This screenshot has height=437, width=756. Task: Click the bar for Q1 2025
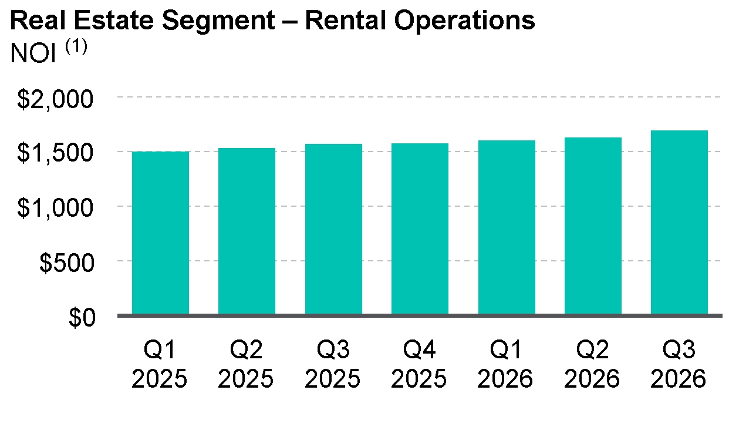[160, 233]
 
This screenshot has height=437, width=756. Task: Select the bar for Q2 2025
[247, 231]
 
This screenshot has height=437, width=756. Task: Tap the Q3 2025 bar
[333, 229]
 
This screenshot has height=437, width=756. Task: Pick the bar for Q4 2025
[420, 228]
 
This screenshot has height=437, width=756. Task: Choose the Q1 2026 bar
[507, 227]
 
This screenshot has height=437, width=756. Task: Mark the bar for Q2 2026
[593, 226]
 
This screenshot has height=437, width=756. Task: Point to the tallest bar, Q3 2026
[679, 222]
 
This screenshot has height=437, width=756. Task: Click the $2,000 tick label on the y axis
[55, 99]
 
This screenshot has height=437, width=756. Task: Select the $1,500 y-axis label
[55, 153]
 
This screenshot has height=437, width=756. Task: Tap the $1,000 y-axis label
[55, 208]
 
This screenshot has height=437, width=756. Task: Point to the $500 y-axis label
[67, 263]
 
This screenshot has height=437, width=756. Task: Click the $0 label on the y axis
[82, 317]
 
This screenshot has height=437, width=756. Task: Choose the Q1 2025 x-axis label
[159, 364]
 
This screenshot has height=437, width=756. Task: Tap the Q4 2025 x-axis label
[419, 364]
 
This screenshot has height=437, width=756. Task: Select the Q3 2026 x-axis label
[678, 364]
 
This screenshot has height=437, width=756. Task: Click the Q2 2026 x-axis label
[592, 364]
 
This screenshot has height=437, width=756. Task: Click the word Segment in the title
[218, 21]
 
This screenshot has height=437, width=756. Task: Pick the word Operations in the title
[465, 21]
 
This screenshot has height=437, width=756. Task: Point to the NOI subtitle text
[33, 53]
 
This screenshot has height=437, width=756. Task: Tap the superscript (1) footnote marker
[76, 46]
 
